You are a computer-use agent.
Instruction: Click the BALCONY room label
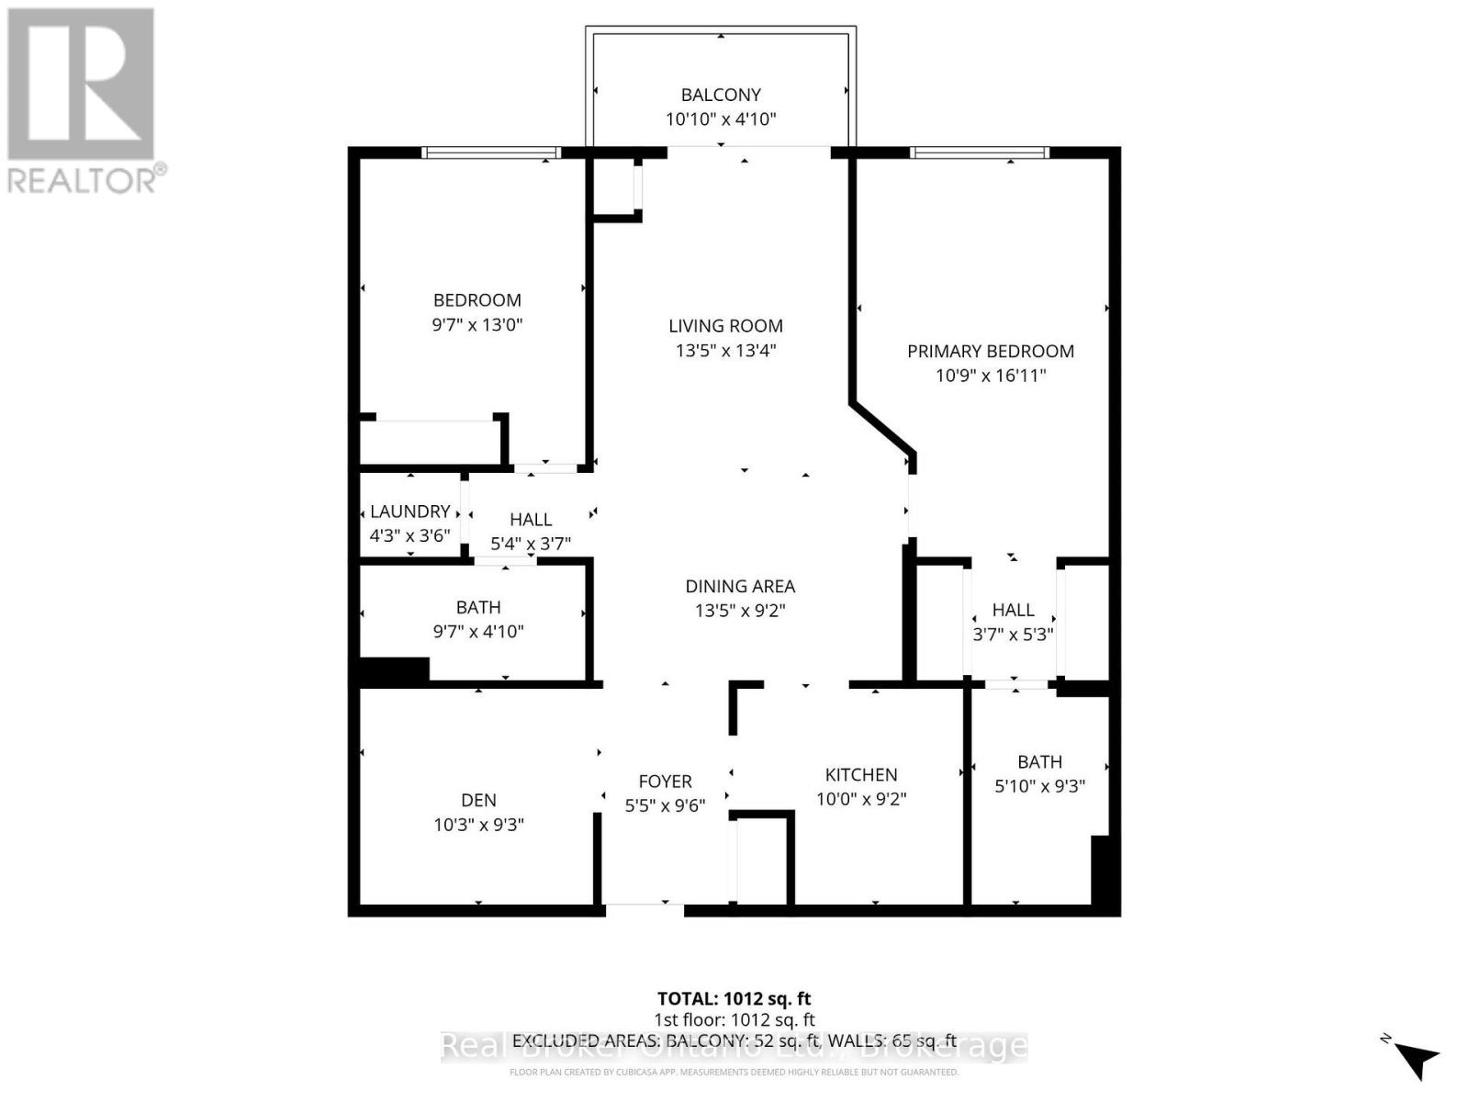pyautogui.click(x=721, y=95)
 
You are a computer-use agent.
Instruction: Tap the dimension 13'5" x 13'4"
pyautogui.click(x=725, y=350)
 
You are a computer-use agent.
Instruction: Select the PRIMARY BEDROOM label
pyautogui.click(x=990, y=351)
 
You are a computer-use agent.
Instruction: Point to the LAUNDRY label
pyautogui.click(x=409, y=512)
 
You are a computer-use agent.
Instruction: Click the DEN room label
pyautogui.click(x=478, y=800)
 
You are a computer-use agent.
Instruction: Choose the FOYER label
pyautogui.click(x=665, y=782)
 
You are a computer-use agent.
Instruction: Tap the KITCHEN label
pyautogui.click(x=860, y=774)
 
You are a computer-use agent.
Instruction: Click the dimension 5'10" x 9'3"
pyautogui.click(x=1039, y=786)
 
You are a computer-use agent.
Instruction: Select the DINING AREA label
pyautogui.click(x=740, y=586)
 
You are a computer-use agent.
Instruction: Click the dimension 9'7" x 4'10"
pyautogui.click(x=477, y=632)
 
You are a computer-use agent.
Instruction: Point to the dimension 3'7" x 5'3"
pyautogui.click(x=1013, y=634)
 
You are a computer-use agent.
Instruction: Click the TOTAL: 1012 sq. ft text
pyautogui.click(x=734, y=998)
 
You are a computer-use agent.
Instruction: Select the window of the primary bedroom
pyautogui.click(x=979, y=152)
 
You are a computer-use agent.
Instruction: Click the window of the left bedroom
pyautogui.click(x=491, y=152)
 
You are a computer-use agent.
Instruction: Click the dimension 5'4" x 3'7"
pyautogui.click(x=531, y=544)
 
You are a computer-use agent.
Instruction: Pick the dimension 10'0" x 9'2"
pyautogui.click(x=860, y=799)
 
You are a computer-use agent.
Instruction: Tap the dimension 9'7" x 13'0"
pyautogui.click(x=477, y=324)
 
